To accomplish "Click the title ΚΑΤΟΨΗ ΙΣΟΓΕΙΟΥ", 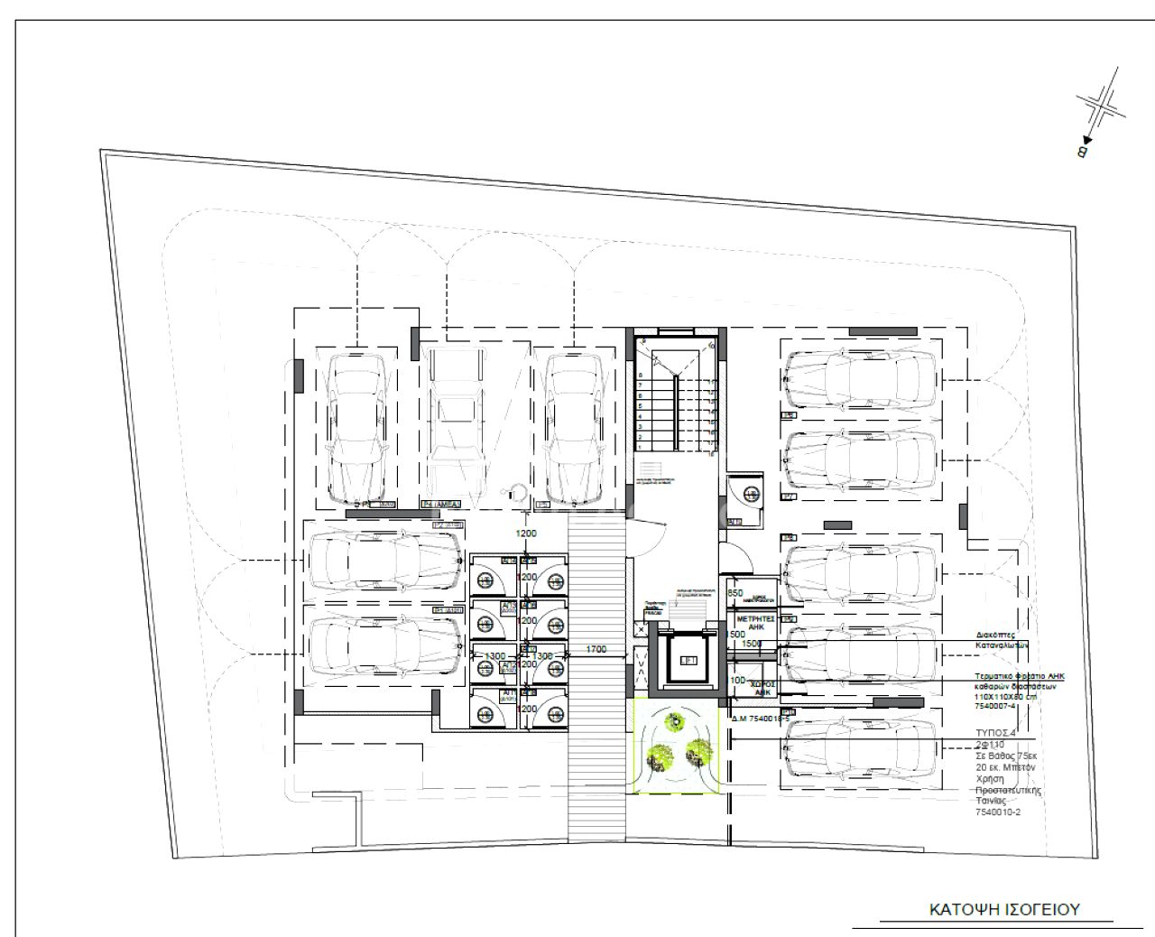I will tap(1004, 909).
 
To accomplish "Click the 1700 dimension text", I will tap(596, 649).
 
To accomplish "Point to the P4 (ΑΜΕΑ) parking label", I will tap(441, 504).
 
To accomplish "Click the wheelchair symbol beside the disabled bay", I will tap(518, 491).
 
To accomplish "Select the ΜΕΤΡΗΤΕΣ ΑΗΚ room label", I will tap(756, 624).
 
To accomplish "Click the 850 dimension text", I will tap(735, 593).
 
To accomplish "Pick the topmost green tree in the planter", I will tap(674, 720).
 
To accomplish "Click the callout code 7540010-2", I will tap(998, 812).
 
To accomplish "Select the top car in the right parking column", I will tap(860, 376).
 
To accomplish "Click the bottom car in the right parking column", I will tap(860, 749).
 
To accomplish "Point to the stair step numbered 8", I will tap(641, 376).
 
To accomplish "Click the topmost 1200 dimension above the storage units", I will tap(526, 533).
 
